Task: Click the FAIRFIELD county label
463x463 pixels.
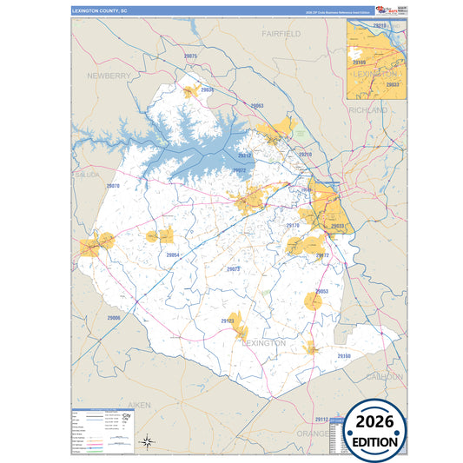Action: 281,33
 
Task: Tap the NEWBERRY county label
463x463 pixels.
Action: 109,76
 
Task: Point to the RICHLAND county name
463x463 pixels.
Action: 367,111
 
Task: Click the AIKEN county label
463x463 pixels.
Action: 139,405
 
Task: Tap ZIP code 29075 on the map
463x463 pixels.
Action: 191,56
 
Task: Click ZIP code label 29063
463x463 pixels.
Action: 256,105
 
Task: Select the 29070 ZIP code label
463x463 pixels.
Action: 113,186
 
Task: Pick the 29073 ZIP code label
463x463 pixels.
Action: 233,269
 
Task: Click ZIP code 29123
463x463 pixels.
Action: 228,321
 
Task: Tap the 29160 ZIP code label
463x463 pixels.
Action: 344,356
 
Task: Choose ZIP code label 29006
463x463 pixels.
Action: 113,318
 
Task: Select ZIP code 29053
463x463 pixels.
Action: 321,291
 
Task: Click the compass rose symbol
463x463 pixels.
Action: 149,441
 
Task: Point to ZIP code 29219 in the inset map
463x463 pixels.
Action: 380,27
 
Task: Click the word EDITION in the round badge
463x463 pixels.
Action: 375,441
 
